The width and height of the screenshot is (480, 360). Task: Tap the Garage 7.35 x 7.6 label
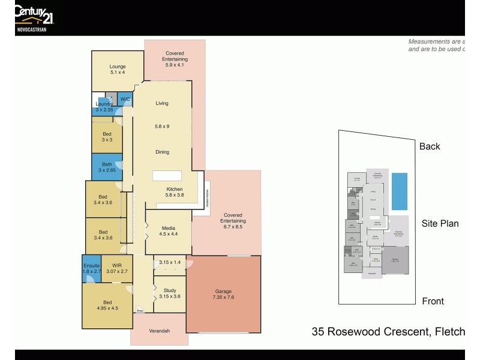tap(223, 294)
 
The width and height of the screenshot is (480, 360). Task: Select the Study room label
tap(170, 293)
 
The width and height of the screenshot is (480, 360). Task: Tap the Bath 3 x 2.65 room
tap(107, 167)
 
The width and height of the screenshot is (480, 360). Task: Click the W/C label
tap(125, 99)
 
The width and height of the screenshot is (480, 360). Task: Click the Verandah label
tap(160, 331)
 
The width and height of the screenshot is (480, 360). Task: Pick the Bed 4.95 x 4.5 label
tap(107, 305)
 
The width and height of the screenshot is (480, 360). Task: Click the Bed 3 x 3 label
tap(107, 137)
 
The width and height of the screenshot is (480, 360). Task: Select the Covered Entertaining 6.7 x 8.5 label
tap(233, 221)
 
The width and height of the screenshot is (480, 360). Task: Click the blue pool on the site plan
tap(400, 191)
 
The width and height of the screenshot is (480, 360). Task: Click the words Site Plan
tap(440, 223)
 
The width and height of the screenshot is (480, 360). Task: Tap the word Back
tap(430, 146)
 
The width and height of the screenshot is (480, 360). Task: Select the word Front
tap(433, 301)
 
